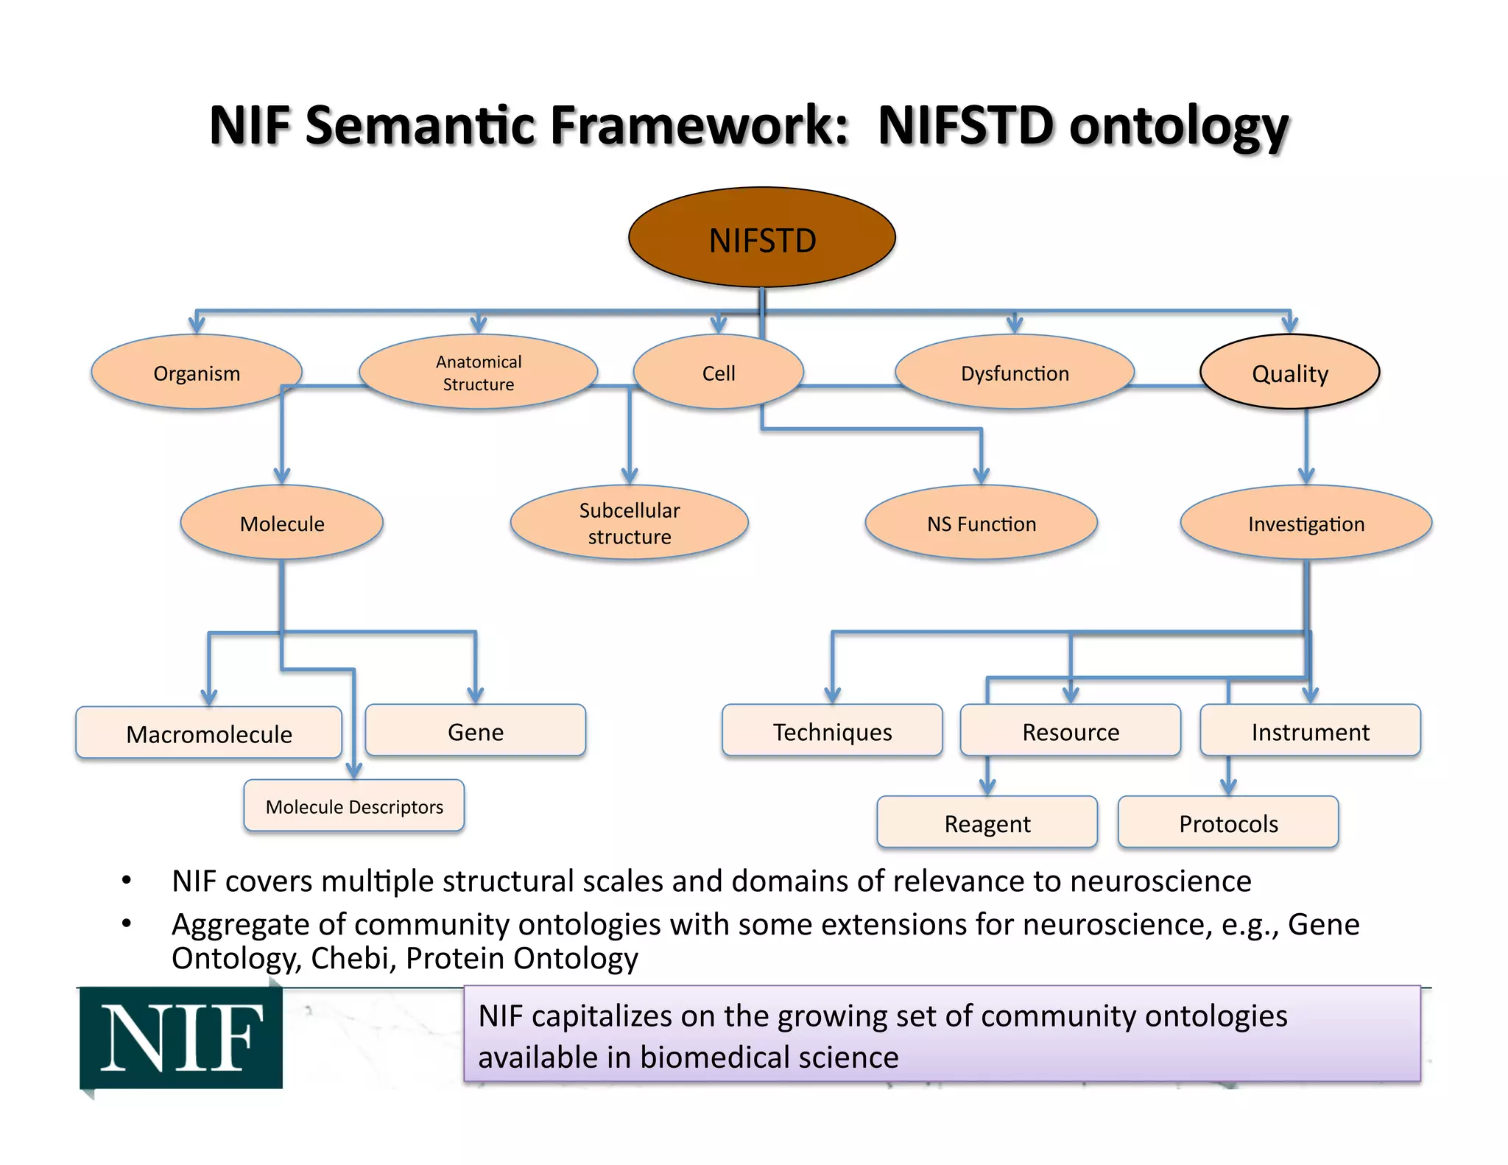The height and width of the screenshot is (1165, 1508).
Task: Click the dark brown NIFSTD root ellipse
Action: [x=762, y=238]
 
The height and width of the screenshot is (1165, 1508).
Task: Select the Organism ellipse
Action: [x=197, y=373]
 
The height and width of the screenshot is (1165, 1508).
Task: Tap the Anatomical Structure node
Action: [x=479, y=373]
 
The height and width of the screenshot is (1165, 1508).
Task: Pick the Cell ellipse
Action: [x=719, y=373]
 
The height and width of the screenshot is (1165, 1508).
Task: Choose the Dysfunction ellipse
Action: [x=1015, y=373]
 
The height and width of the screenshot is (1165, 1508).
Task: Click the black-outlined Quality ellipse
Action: [x=1290, y=373]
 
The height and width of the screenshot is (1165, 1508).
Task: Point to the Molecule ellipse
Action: [x=282, y=523]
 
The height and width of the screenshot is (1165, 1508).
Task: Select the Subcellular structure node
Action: [x=630, y=523]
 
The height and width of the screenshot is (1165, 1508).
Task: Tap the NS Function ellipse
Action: [x=982, y=523]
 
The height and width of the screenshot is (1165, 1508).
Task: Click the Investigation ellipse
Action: [x=1306, y=523]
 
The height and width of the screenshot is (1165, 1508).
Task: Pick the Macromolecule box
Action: [x=209, y=733]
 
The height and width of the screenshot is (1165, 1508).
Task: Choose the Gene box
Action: [x=476, y=731]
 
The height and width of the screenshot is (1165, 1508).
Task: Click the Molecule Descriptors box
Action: [x=354, y=806]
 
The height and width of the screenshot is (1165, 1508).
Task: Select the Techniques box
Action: [x=832, y=731]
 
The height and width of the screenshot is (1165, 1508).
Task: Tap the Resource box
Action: [x=1071, y=731]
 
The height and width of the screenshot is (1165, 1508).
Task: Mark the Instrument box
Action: [x=1311, y=731]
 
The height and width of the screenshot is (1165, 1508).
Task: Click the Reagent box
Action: [x=987, y=823]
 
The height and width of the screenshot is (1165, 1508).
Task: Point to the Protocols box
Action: [x=1228, y=823]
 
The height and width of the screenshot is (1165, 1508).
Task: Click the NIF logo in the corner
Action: [x=181, y=1038]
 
